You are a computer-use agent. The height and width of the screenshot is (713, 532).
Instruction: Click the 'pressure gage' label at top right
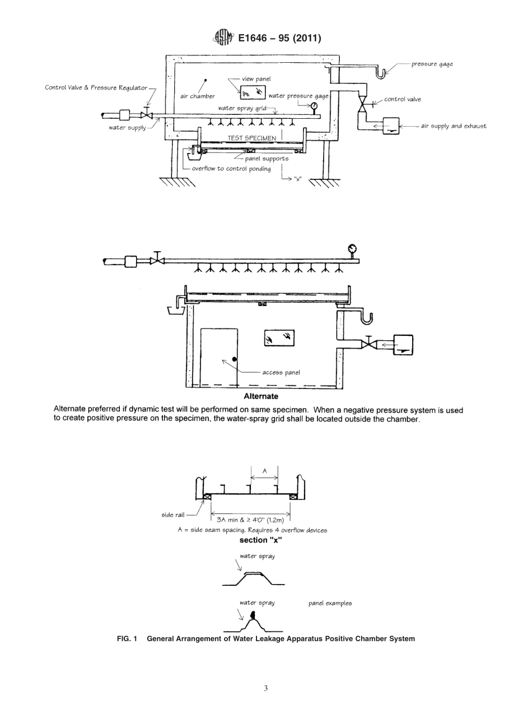tap(432, 64)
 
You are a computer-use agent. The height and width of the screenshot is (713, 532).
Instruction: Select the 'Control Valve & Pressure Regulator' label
tap(97, 87)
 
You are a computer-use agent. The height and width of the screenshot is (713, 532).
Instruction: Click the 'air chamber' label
tap(193, 96)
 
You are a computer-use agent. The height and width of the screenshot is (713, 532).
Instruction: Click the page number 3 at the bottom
tap(265, 688)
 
